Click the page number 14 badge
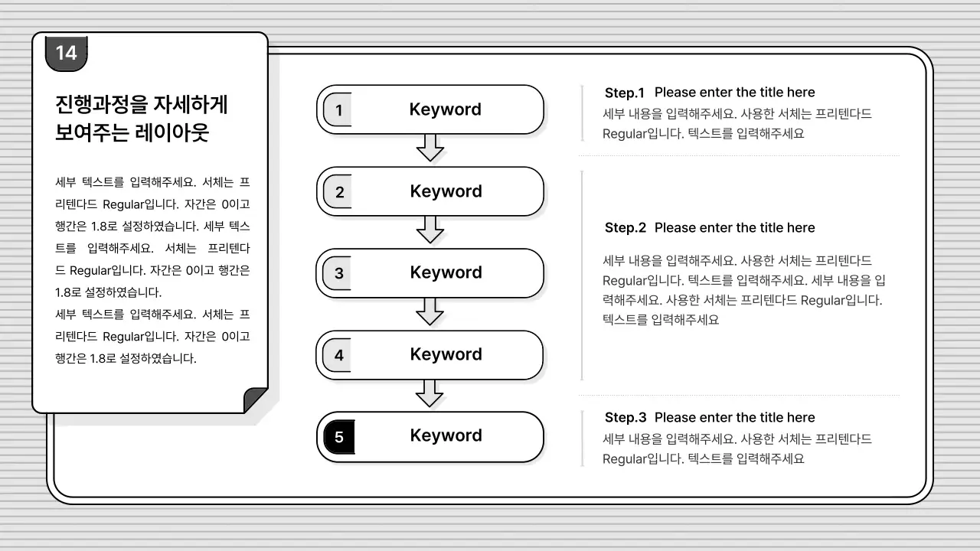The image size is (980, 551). [67, 53]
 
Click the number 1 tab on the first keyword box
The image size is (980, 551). [338, 110]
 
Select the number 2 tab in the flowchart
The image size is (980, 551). [339, 192]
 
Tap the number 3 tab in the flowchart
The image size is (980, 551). [338, 273]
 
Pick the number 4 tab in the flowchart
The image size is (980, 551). [338, 355]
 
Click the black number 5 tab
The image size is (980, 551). [339, 437]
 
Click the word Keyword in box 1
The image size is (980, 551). [445, 109]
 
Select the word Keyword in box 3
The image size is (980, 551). [446, 272]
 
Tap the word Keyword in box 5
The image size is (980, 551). [446, 435]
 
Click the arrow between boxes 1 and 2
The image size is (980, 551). [430, 148]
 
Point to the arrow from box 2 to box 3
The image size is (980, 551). [430, 229]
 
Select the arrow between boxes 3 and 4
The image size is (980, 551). [430, 311]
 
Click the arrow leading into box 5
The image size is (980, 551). [430, 393]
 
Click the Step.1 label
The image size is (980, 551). [625, 93]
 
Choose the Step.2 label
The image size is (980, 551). [625, 228]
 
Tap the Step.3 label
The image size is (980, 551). [625, 418]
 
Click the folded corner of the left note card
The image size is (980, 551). [255, 400]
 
